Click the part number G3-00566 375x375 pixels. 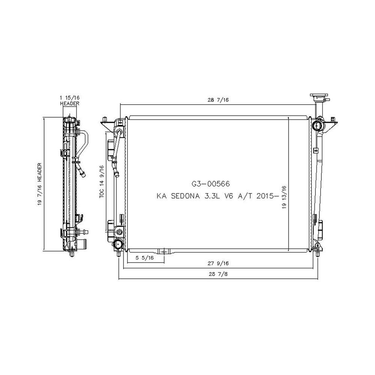click(x=210, y=184)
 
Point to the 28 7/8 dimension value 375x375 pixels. click(x=218, y=274)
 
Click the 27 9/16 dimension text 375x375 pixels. click(x=218, y=264)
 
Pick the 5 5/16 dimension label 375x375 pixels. click(x=144, y=258)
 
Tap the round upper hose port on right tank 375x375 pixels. click(x=319, y=126)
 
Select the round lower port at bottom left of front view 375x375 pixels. click(x=119, y=244)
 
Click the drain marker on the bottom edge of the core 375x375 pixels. click(x=163, y=251)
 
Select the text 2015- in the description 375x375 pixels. click(x=276, y=196)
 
